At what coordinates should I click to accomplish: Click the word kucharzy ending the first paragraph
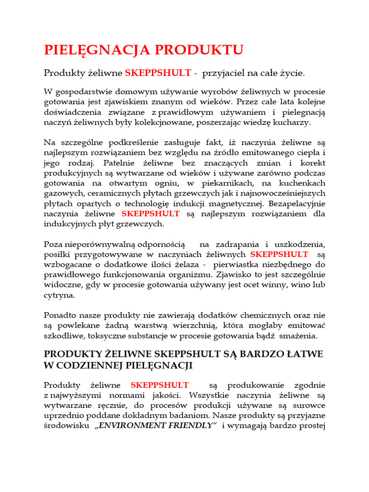[x=293, y=123]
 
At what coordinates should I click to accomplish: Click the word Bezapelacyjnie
[x=296, y=203]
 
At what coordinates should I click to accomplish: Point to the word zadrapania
[x=235, y=244]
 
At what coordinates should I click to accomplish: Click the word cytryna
[x=60, y=295]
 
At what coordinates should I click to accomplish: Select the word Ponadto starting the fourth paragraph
[x=61, y=315]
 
